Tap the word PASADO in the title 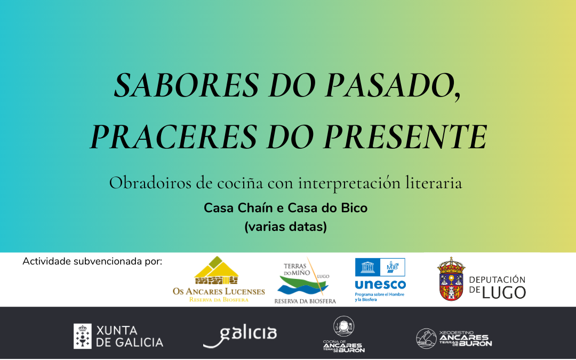point(390,85)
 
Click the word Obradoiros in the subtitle point(150,183)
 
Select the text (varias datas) point(286,227)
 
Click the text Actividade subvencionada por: point(92,261)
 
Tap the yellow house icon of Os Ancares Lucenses point(217,270)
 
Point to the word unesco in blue point(380,285)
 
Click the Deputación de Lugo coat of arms point(451,279)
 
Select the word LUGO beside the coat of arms point(504,293)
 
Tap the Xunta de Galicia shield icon point(83,336)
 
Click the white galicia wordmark point(240,336)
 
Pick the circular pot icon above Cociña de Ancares point(344,326)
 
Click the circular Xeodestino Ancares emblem point(427,338)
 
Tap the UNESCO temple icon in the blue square point(367,267)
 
